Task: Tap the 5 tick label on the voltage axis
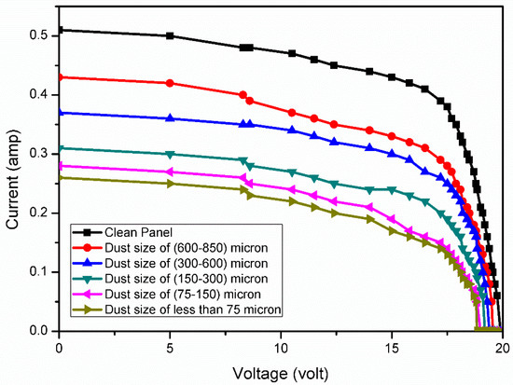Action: click(170, 346)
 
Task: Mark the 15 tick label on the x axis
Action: click(392, 346)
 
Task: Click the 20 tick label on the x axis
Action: click(502, 346)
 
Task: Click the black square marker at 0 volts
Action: click(60, 30)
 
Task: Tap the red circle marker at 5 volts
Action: click(170, 83)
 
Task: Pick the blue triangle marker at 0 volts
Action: click(60, 112)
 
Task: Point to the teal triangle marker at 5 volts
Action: click(170, 154)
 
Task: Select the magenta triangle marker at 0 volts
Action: click(60, 166)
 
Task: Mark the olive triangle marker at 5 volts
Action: click(170, 184)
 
